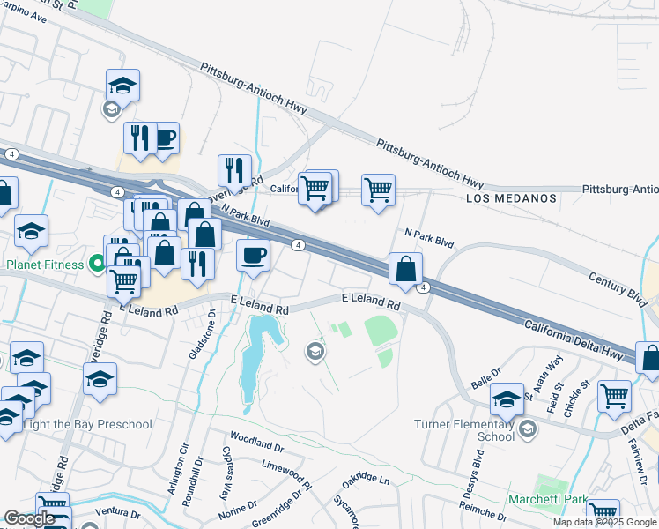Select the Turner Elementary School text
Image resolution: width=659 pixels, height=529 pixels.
click(x=464, y=429)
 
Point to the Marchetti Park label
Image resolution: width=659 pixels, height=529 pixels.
click(x=547, y=500)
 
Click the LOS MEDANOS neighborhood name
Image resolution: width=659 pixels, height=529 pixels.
click(x=511, y=198)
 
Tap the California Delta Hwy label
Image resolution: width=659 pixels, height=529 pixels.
click(x=574, y=339)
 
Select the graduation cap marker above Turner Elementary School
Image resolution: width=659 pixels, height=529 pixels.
click(x=507, y=400)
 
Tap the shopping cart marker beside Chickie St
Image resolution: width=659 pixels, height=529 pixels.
click(x=614, y=395)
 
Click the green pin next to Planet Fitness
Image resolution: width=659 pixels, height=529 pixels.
click(x=98, y=264)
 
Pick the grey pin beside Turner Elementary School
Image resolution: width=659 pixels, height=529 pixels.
click(x=527, y=429)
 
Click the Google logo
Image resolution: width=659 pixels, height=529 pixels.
click(x=29, y=518)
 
